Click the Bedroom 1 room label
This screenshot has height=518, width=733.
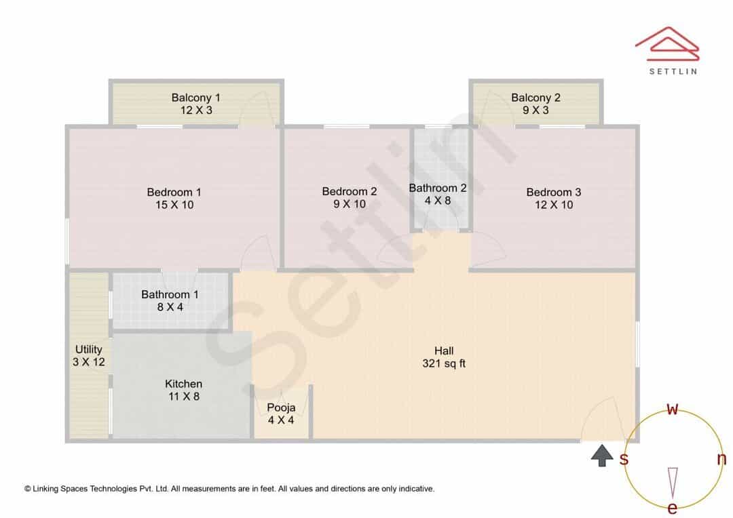tap(174, 192)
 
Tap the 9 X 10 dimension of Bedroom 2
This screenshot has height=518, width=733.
tap(350, 204)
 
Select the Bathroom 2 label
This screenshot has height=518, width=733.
tap(438, 188)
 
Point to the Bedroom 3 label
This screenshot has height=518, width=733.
tap(554, 192)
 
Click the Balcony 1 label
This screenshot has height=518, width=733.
tap(196, 98)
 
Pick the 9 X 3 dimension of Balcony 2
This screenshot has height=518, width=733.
tap(535, 111)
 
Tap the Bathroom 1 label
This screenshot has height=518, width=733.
tap(170, 295)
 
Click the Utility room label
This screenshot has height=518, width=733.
tap(88, 349)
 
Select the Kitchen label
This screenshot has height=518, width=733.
tap(184, 384)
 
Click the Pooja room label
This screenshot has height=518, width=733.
tap(281, 407)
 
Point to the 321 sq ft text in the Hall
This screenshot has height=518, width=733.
tap(444, 363)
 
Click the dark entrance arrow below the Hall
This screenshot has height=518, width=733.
tap(602, 456)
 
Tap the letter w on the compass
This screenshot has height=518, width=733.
tap(672, 409)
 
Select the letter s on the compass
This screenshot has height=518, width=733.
tap(624, 459)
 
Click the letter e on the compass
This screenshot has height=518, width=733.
tap(672, 508)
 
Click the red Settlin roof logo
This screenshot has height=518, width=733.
tap(667, 44)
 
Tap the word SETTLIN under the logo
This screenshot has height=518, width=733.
tap(673, 71)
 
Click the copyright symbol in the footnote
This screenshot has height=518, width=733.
tap(28, 489)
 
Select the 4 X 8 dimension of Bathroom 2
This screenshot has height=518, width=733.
tap(438, 201)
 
